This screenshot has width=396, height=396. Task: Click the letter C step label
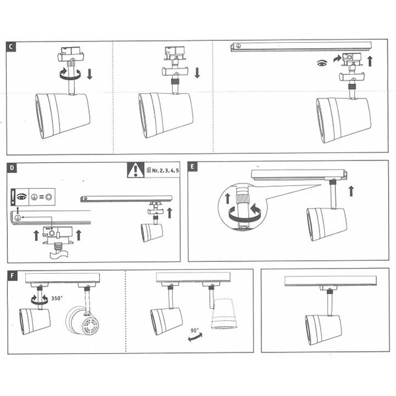11,48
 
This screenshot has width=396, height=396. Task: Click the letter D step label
11,168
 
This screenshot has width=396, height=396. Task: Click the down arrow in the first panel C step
89,70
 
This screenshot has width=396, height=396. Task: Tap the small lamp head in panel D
152,232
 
